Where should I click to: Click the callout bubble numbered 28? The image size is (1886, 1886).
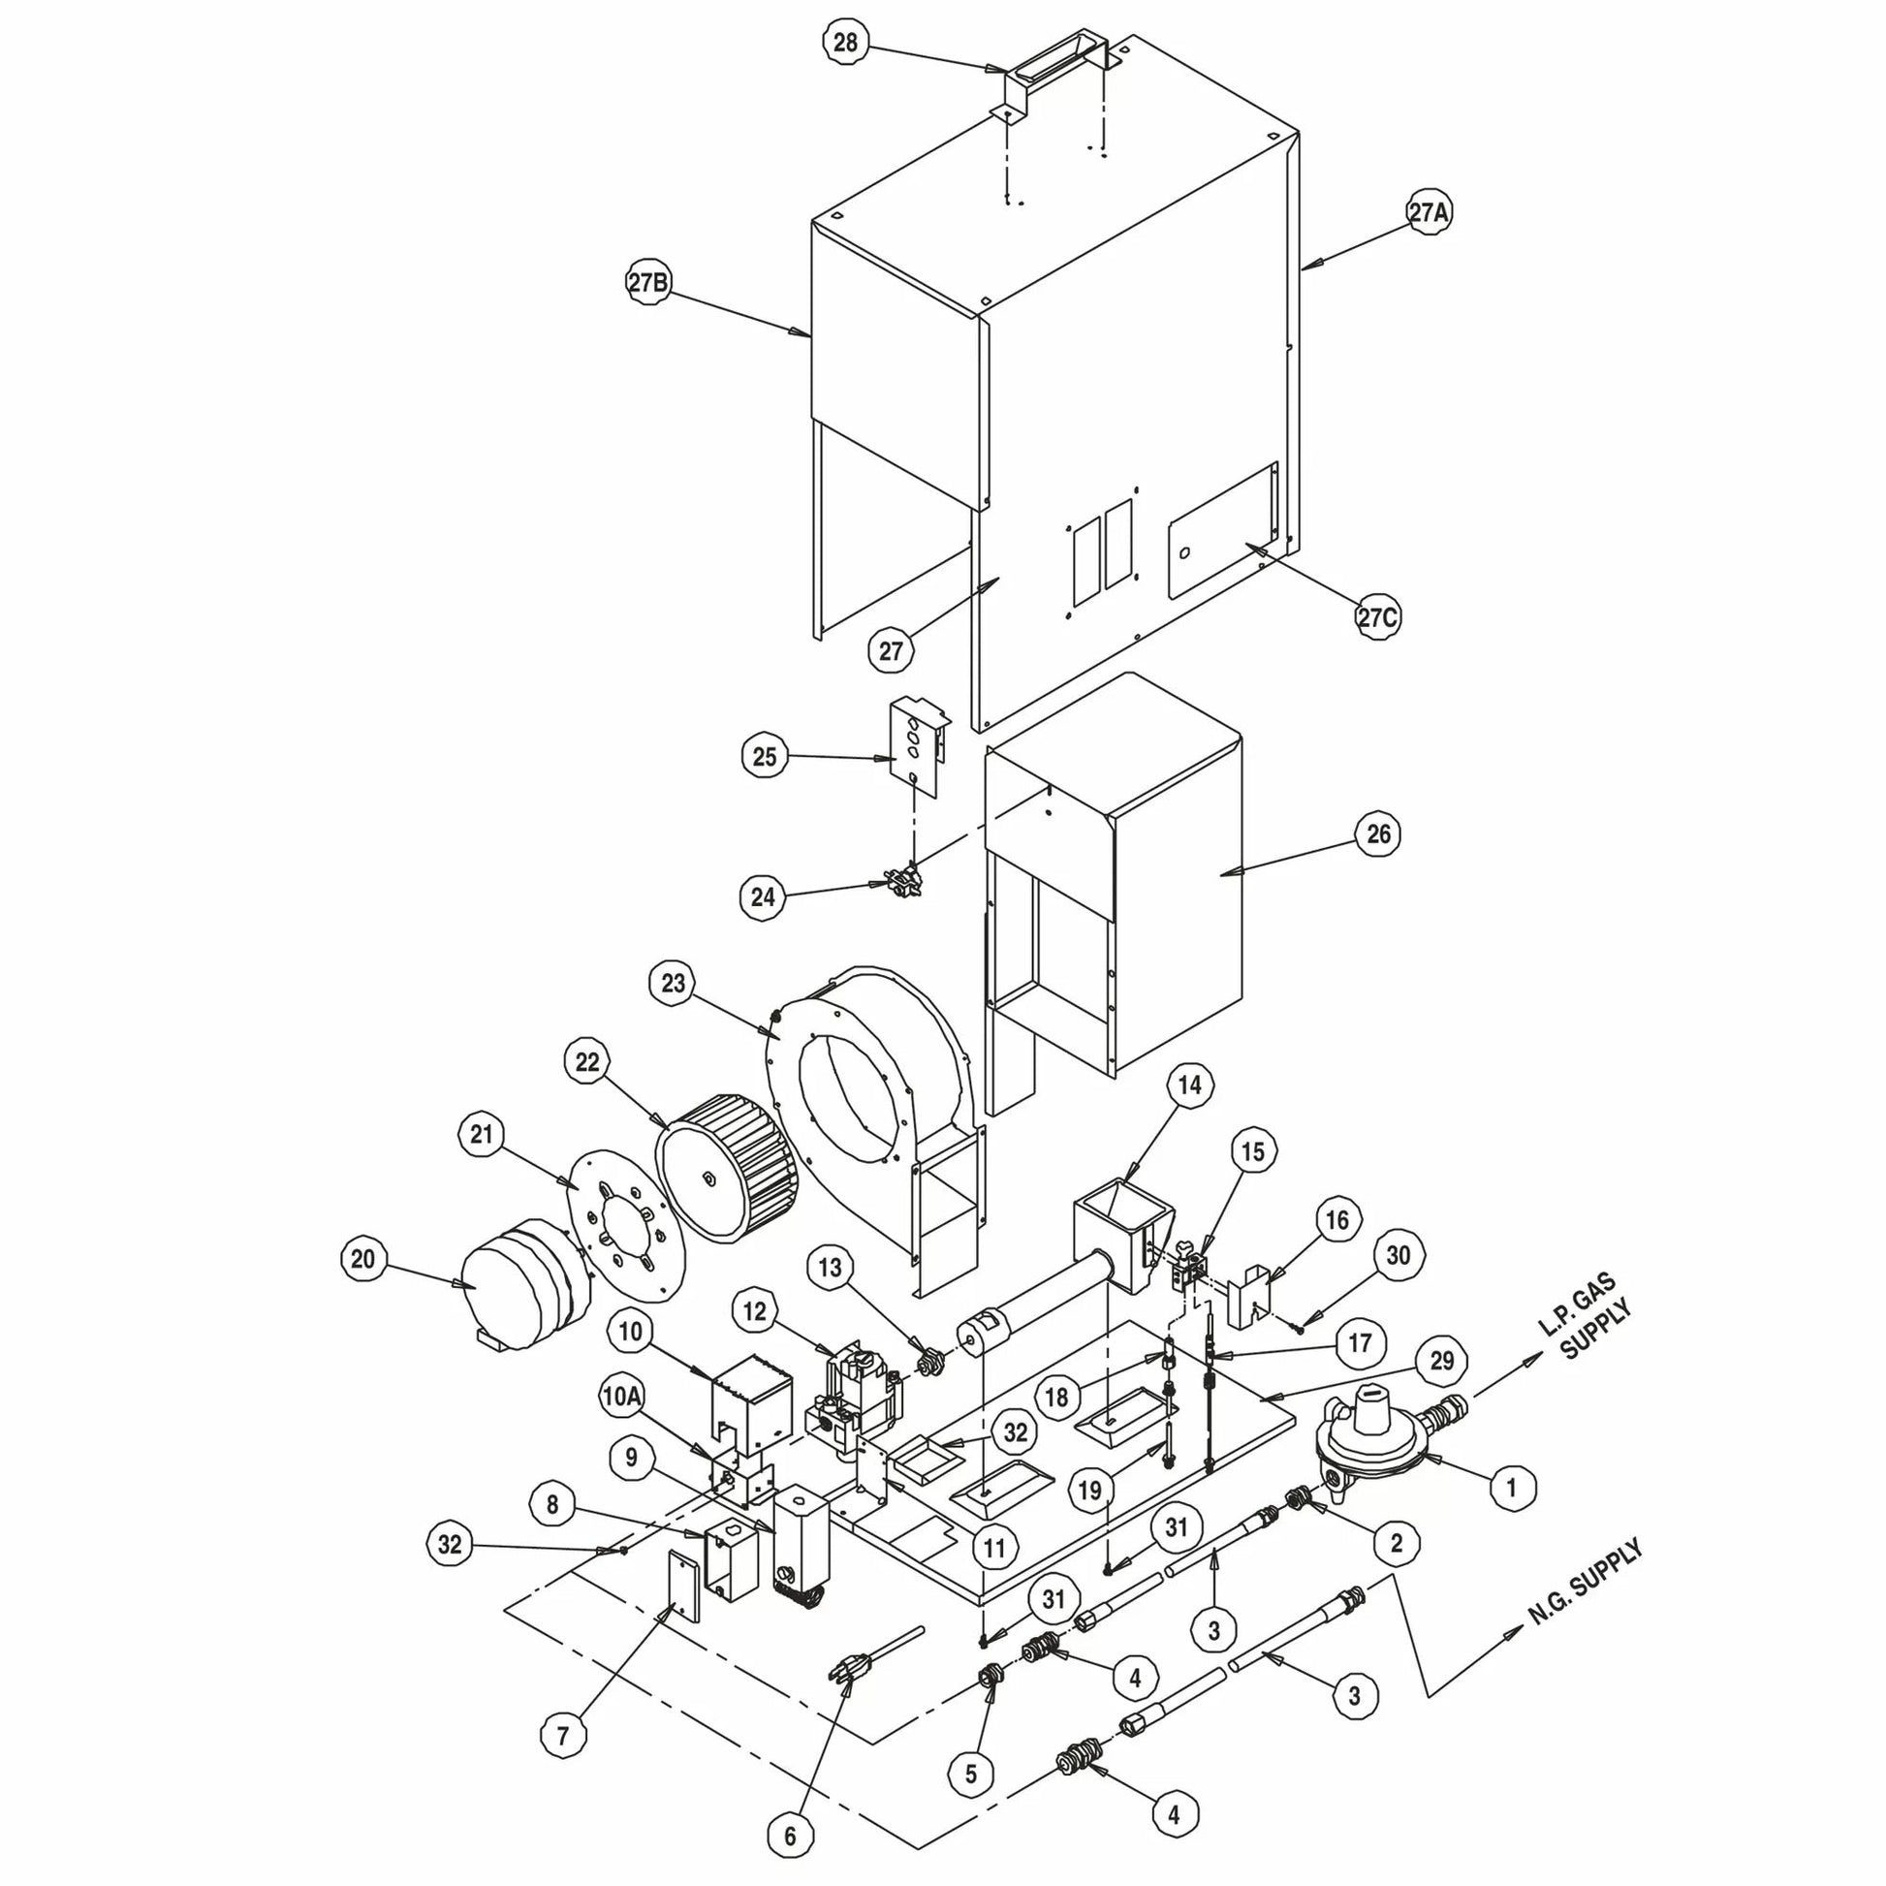[845, 42]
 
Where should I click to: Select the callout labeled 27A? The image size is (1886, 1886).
[1429, 213]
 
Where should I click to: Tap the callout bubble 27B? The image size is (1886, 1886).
[649, 283]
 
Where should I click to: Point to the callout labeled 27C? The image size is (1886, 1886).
[1377, 617]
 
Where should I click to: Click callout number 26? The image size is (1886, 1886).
[1378, 834]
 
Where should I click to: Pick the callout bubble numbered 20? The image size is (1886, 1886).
[363, 1259]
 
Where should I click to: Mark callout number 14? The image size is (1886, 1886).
[1190, 1084]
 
